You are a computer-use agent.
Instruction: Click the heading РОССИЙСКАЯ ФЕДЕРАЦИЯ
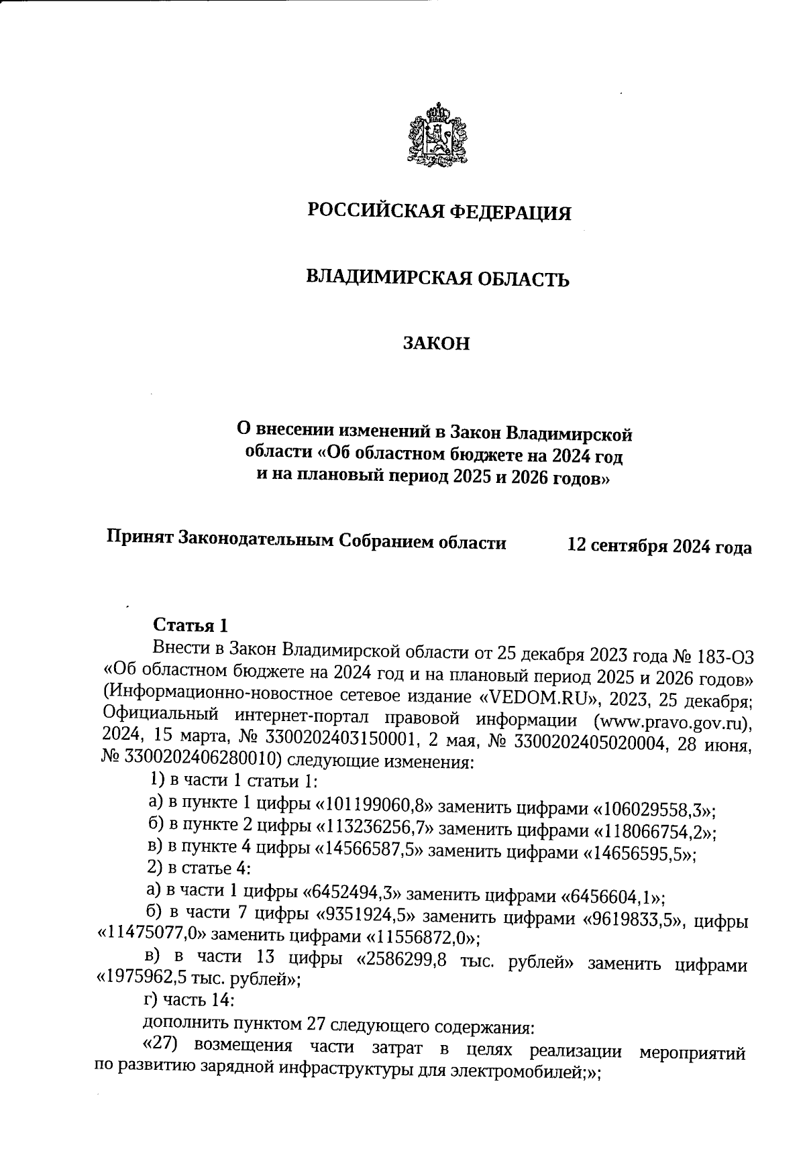tap(439, 213)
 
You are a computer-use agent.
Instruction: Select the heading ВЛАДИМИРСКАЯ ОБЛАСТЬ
tap(437, 278)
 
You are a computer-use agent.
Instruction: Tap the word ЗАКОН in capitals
tap(436, 344)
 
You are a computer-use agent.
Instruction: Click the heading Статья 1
tap(191, 625)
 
